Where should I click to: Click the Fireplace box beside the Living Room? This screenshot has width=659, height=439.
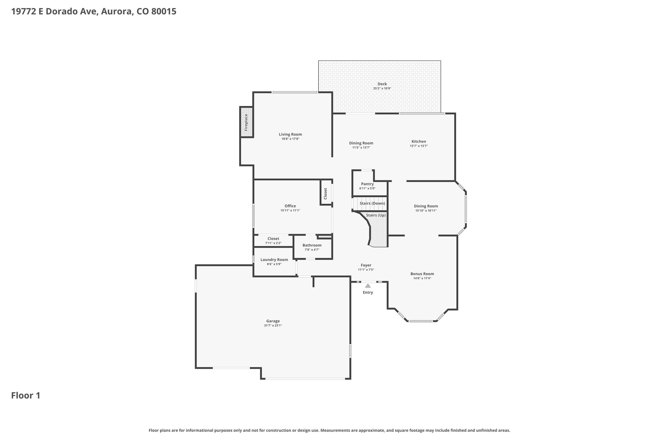[246, 122]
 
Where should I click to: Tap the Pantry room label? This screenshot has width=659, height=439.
[367, 184]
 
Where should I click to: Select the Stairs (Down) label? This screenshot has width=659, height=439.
[372, 203]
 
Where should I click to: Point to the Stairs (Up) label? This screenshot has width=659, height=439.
[376, 215]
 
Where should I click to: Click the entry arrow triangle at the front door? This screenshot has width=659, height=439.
[368, 286]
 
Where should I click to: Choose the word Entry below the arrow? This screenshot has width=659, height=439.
[368, 293]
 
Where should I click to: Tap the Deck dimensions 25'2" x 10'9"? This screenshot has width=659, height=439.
[382, 88]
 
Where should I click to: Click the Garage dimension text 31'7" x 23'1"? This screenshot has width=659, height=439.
[273, 325]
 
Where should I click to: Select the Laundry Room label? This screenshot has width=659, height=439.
[274, 260]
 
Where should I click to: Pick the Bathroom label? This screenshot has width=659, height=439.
[312, 245]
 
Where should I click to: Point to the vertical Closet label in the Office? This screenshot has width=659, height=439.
[325, 193]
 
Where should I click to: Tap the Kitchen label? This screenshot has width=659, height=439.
[419, 141]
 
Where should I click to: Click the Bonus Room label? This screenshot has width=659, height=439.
[422, 274]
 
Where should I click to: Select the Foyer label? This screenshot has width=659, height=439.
[366, 265]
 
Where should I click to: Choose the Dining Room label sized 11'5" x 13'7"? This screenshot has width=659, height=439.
[361, 143]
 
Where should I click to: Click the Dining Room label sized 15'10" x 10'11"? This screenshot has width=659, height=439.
[426, 206]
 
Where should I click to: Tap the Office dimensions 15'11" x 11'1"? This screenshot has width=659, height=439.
[290, 211]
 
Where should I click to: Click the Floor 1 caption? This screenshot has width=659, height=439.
[26, 395]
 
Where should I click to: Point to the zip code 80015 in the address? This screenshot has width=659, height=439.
[164, 11]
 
